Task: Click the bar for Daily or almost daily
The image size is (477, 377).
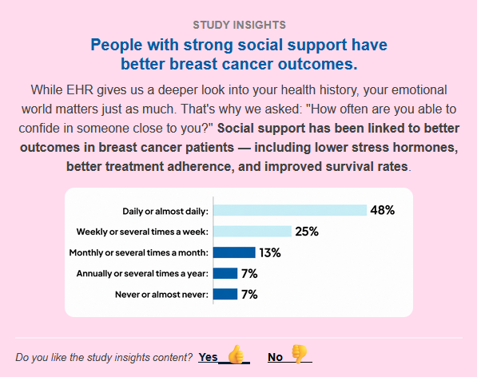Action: (x=290, y=210)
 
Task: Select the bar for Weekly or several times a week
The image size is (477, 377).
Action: (x=252, y=232)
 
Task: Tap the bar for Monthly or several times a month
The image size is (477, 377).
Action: (x=234, y=252)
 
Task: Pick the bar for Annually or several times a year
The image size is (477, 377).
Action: (x=225, y=273)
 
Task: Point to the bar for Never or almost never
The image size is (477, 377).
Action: (x=225, y=294)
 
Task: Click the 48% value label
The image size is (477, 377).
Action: (x=383, y=210)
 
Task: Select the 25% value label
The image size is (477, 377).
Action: (x=307, y=232)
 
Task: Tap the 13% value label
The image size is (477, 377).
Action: (x=270, y=252)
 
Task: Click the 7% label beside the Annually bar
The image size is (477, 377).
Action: (x=249, y=274)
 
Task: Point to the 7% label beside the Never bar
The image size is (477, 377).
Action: (x=249, y=294)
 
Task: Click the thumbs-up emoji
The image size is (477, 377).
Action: (x=236, y=354)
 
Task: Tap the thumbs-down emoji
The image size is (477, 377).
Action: (x=299, y=354)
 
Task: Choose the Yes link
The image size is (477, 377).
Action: (x=208, y=357)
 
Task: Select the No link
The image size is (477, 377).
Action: (x=275, y=357)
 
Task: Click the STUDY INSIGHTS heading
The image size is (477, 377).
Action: (x=240, y=25)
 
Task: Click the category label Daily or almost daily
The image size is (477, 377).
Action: (x=165, y=212)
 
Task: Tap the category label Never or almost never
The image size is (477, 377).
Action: (x=162, y=294)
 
